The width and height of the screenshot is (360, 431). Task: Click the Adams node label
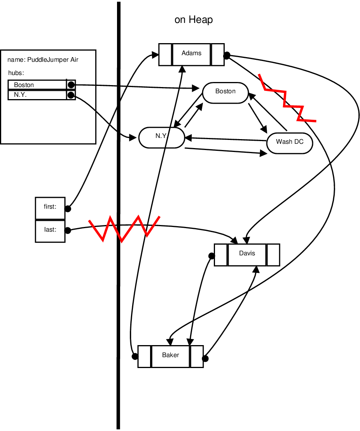pos(191,53)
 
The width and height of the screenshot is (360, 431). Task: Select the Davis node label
pos(247,253)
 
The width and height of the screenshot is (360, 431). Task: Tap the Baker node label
pos(170,355)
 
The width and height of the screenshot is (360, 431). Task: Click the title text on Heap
pos(194,20)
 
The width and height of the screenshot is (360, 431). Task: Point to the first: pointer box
pos(50,207)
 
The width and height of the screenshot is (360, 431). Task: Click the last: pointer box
pos(50,230)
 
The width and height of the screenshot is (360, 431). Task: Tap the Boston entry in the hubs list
pos(37,85)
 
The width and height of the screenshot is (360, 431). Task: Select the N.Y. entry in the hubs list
pos(37,95)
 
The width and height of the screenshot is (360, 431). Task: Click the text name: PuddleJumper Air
pos(43,60)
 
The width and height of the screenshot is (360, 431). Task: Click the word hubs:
pos(16,73)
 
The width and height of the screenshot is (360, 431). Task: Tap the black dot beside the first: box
pos(68,209)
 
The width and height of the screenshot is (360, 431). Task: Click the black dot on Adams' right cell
pos(227,56)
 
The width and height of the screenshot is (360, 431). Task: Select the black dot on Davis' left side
pos(211,256)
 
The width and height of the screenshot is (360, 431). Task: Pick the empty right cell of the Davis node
pos(273,255)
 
